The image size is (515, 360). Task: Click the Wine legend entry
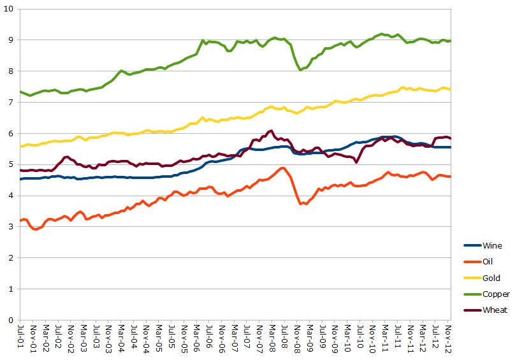492,245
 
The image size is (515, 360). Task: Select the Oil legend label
489,261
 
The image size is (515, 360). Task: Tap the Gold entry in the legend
491,278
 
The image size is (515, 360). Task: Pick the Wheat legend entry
495,310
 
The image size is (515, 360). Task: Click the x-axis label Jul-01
21,338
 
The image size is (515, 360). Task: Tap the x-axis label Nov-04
147,338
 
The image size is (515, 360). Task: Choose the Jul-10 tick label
360,338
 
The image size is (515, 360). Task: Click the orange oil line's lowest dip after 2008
300,204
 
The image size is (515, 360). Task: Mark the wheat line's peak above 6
272,131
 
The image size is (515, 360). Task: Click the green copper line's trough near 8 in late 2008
300,69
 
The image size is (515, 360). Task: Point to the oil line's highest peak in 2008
282,168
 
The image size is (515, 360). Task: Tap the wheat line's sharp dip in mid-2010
357,162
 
